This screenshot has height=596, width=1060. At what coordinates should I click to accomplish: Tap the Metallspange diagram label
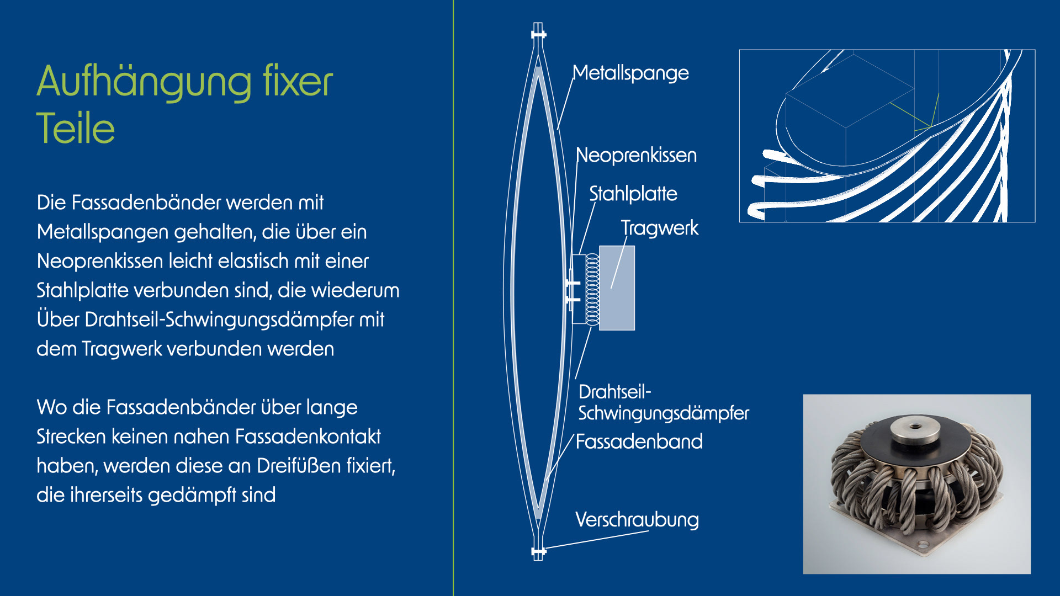630,73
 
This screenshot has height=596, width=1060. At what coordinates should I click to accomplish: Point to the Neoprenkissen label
636,156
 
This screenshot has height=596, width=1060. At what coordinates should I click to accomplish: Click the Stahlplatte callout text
633,194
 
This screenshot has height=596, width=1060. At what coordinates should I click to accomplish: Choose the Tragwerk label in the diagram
659,228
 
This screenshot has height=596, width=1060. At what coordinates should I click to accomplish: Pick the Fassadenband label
639,442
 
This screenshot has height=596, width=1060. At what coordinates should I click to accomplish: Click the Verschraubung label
637,520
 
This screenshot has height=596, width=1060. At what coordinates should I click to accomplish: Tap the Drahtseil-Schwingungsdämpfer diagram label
662,403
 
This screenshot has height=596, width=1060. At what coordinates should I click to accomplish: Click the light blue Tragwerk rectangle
617,288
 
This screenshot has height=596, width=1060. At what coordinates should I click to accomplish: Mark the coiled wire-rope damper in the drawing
592,289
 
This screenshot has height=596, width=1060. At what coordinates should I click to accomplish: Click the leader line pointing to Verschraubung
596,539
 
